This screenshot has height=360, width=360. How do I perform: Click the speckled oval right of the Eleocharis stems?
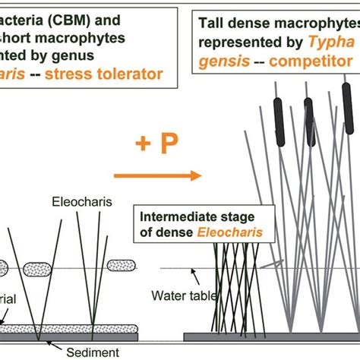(123, 265)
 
